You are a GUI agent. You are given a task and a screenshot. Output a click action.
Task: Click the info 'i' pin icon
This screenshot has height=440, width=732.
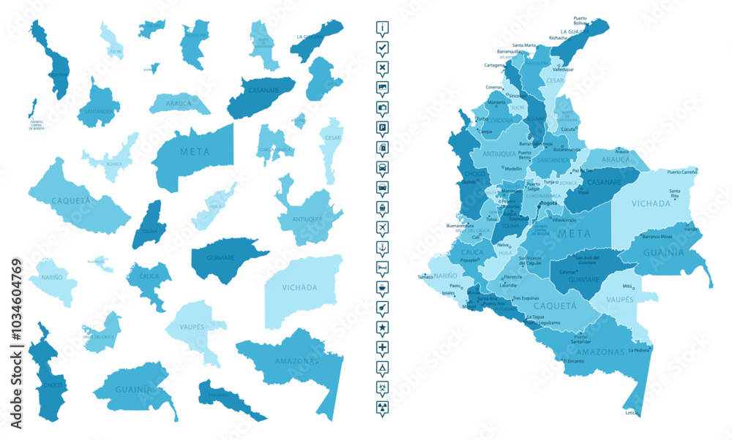point(383,28)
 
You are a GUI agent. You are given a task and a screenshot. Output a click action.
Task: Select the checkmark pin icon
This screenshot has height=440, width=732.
point(383,48)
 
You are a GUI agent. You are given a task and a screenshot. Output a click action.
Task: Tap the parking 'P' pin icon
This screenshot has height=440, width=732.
point(383,127)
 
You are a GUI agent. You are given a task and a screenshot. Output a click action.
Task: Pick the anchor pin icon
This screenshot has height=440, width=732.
point(383,247)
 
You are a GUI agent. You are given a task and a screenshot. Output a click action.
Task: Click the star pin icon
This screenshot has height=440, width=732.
point(383,326)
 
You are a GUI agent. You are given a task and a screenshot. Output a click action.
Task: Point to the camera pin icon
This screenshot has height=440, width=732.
point(383,107)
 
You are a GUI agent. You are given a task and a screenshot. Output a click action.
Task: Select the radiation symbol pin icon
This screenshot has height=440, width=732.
point(383,406)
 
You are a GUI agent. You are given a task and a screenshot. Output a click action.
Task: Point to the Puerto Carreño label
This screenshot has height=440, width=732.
point(681,172)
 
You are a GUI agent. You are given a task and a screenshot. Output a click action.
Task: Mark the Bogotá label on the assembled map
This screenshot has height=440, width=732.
point(528,202)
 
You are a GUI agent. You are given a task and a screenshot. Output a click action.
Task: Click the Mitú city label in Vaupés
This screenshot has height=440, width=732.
point(627,287)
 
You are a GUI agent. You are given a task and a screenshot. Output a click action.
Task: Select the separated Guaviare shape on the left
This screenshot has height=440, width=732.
point(220,259)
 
